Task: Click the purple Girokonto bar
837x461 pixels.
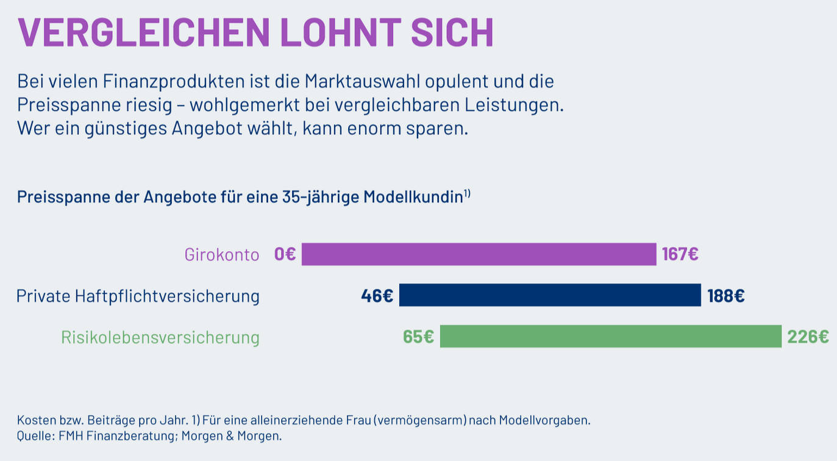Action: (479, 254)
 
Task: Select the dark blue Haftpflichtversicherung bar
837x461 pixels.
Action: (550, 295)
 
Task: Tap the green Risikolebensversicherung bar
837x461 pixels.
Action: (610, 337)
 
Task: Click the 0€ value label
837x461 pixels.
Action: (285, 254)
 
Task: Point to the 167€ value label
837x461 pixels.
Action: (680, 254)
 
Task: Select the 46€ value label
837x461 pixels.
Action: (377, 296)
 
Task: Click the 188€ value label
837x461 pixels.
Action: (725, 296)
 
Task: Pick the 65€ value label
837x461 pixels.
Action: (418, 337)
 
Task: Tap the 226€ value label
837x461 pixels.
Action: (808, 337)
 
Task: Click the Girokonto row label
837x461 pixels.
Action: (222, 254)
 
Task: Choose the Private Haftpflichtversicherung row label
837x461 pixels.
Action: (138, 296)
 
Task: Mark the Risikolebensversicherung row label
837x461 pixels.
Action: (160, 337)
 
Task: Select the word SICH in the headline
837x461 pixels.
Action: (452, 32)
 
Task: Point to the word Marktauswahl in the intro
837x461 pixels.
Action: (369, 81)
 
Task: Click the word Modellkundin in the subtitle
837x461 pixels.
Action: (413, 198)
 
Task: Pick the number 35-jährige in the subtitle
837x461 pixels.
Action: (321, 198)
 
